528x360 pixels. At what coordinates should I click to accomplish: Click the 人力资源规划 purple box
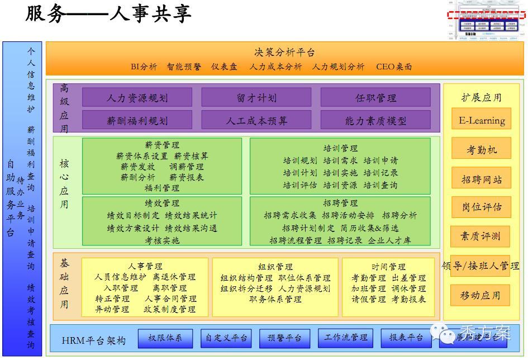pyautogui.click(x=137, y=98)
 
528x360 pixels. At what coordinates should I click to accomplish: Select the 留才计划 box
pyautogui.click(x=256, y=98)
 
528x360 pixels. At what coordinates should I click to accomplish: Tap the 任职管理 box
pyautogui.click(x=375, y=98)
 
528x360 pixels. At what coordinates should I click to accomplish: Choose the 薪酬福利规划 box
pyautogui.click(x=137, y=120)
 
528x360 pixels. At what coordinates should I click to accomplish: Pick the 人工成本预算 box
pyautogui.click(x=256, y=120)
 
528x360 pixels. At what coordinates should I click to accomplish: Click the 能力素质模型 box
pyautogui.click(x=375, y=120)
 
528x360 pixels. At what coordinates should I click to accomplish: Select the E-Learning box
pyautogui.click(x=481, y=120)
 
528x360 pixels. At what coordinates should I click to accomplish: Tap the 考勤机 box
pyautogui.click(x=481, y=150)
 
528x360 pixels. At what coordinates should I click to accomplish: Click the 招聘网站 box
pyautogui.click(x=481, y=179)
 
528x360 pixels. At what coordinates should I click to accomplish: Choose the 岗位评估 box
pyautogui.click(x=481, y=207)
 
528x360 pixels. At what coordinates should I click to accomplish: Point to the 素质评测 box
pyautogui.click(x=481, y=236)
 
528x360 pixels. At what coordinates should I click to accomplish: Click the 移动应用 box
pyautogui.click(x=481, y=295)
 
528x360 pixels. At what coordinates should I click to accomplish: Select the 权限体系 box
pyautogui.click(x=169, y=338)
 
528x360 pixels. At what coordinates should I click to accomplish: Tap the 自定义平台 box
pyautogui.click(x=226, y=338)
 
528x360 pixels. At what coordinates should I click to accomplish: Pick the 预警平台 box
pyautogui.click(x=285, y=338)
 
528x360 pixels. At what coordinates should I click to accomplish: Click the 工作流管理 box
pyautogui.click(x=346, y=338)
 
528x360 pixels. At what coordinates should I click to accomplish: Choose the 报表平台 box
pyautogui.click(x=406, y=338)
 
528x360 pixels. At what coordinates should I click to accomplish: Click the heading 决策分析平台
pyautogui.click(x=284, y=53)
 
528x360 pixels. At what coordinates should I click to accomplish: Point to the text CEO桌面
pyautogui.click(x=394, y=67)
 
